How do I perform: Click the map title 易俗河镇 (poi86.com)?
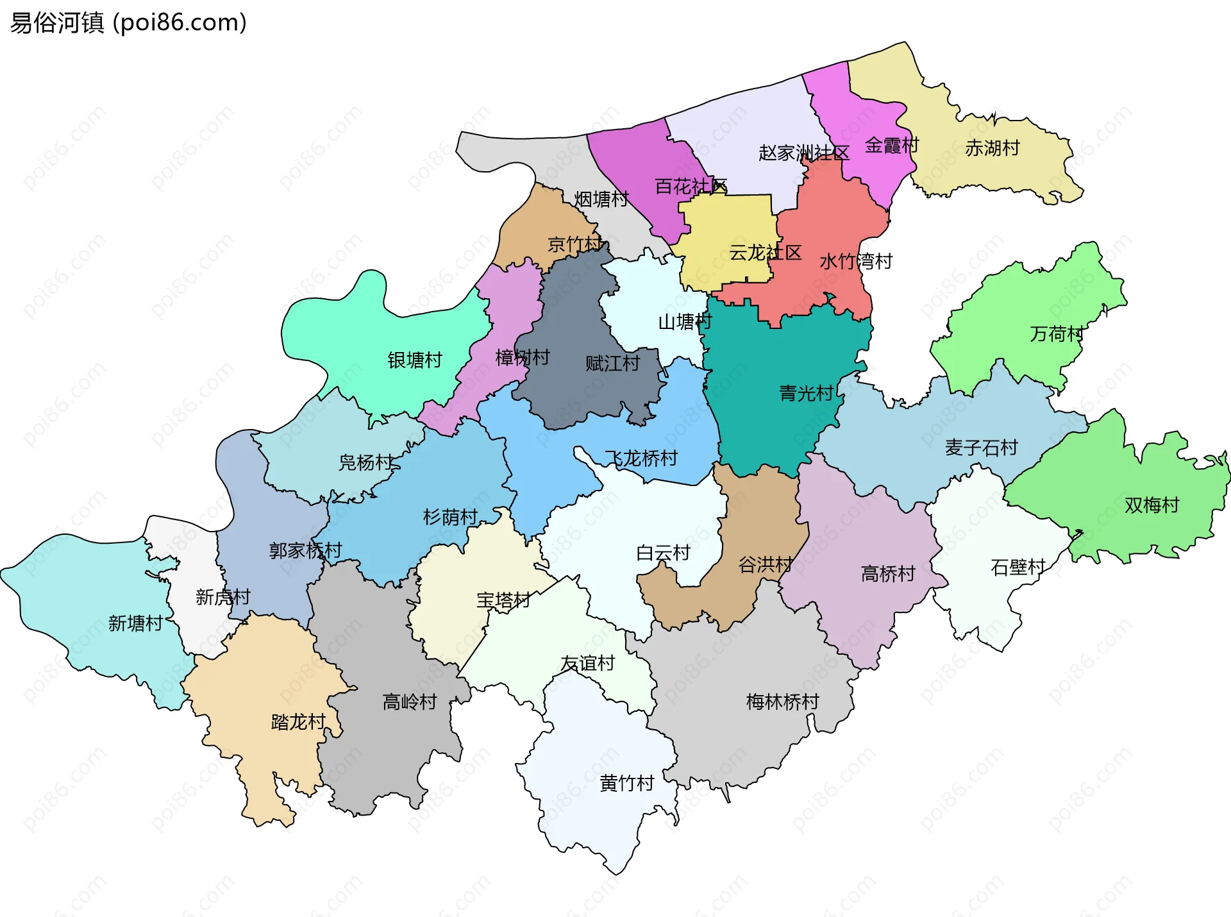coord(128,23)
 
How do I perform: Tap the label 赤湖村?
coord(992,148)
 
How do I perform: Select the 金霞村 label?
coord(892,146)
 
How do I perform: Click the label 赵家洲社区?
coord(804,153)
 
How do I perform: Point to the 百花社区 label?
coord(691,187)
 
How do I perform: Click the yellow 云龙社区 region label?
coord(765,253)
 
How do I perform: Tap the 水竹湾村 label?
coord(856,262)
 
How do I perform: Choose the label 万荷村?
coord(1057,334)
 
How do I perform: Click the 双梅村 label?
coord(1151,505)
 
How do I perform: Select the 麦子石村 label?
coord(981,448)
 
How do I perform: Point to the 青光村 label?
coord(806,393)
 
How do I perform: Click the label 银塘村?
coord(415,360)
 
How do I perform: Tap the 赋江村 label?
coord(612,364)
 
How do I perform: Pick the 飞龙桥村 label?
coord(641,458)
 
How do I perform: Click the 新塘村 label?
coord(135,623)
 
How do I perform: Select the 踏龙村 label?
coord(298,722)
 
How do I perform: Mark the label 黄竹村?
coord(626,783)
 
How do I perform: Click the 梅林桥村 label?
coord(782,702)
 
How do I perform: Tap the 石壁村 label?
coord(1017,568)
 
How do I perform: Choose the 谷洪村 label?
coord(765,565)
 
